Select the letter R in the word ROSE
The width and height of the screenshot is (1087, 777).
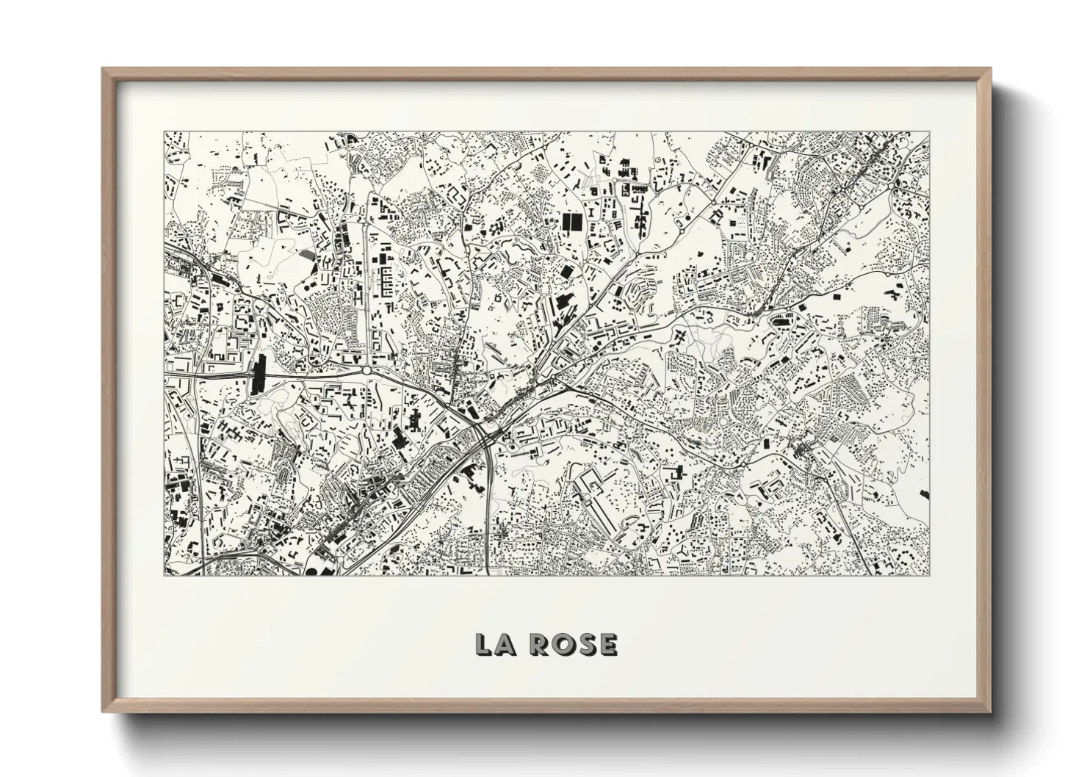click(541, 645)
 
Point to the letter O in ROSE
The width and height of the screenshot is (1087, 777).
click(564, 645)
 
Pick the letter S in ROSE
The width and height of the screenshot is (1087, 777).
click(587, 645)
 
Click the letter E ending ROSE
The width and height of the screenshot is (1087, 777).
click(607, 645)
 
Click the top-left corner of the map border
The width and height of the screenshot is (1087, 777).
click(164, 132)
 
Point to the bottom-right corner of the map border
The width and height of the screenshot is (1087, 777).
click(929, 575)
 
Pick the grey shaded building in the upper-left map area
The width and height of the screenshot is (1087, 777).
click(306, 253)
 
